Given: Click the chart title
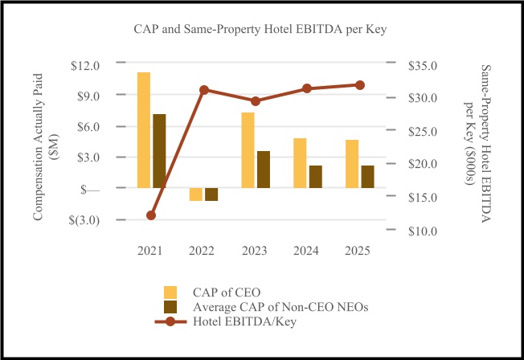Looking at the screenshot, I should (x=261, y=30).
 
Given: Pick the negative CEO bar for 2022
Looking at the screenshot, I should (x=195, y=194).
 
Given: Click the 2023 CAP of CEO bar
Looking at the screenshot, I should (x=248, y=150).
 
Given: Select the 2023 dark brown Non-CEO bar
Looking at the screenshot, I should (x=264, y=170).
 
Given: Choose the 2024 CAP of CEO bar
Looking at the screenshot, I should (x=300, y=163).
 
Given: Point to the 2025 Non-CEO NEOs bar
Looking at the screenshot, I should (x=367, y=177).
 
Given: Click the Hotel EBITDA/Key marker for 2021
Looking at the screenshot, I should (x=151, y=215).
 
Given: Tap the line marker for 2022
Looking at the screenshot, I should (x=203, y=90).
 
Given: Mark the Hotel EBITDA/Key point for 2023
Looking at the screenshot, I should (x=256, y=101).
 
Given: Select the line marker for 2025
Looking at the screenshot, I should (x=360, y=85).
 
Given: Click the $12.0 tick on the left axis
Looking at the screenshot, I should (x=85, y=65).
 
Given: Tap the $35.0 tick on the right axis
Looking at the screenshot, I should (x=424, y=65).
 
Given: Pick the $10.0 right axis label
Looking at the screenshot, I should (x=424, y=231).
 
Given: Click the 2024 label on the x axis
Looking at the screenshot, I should (x=306, y=251).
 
